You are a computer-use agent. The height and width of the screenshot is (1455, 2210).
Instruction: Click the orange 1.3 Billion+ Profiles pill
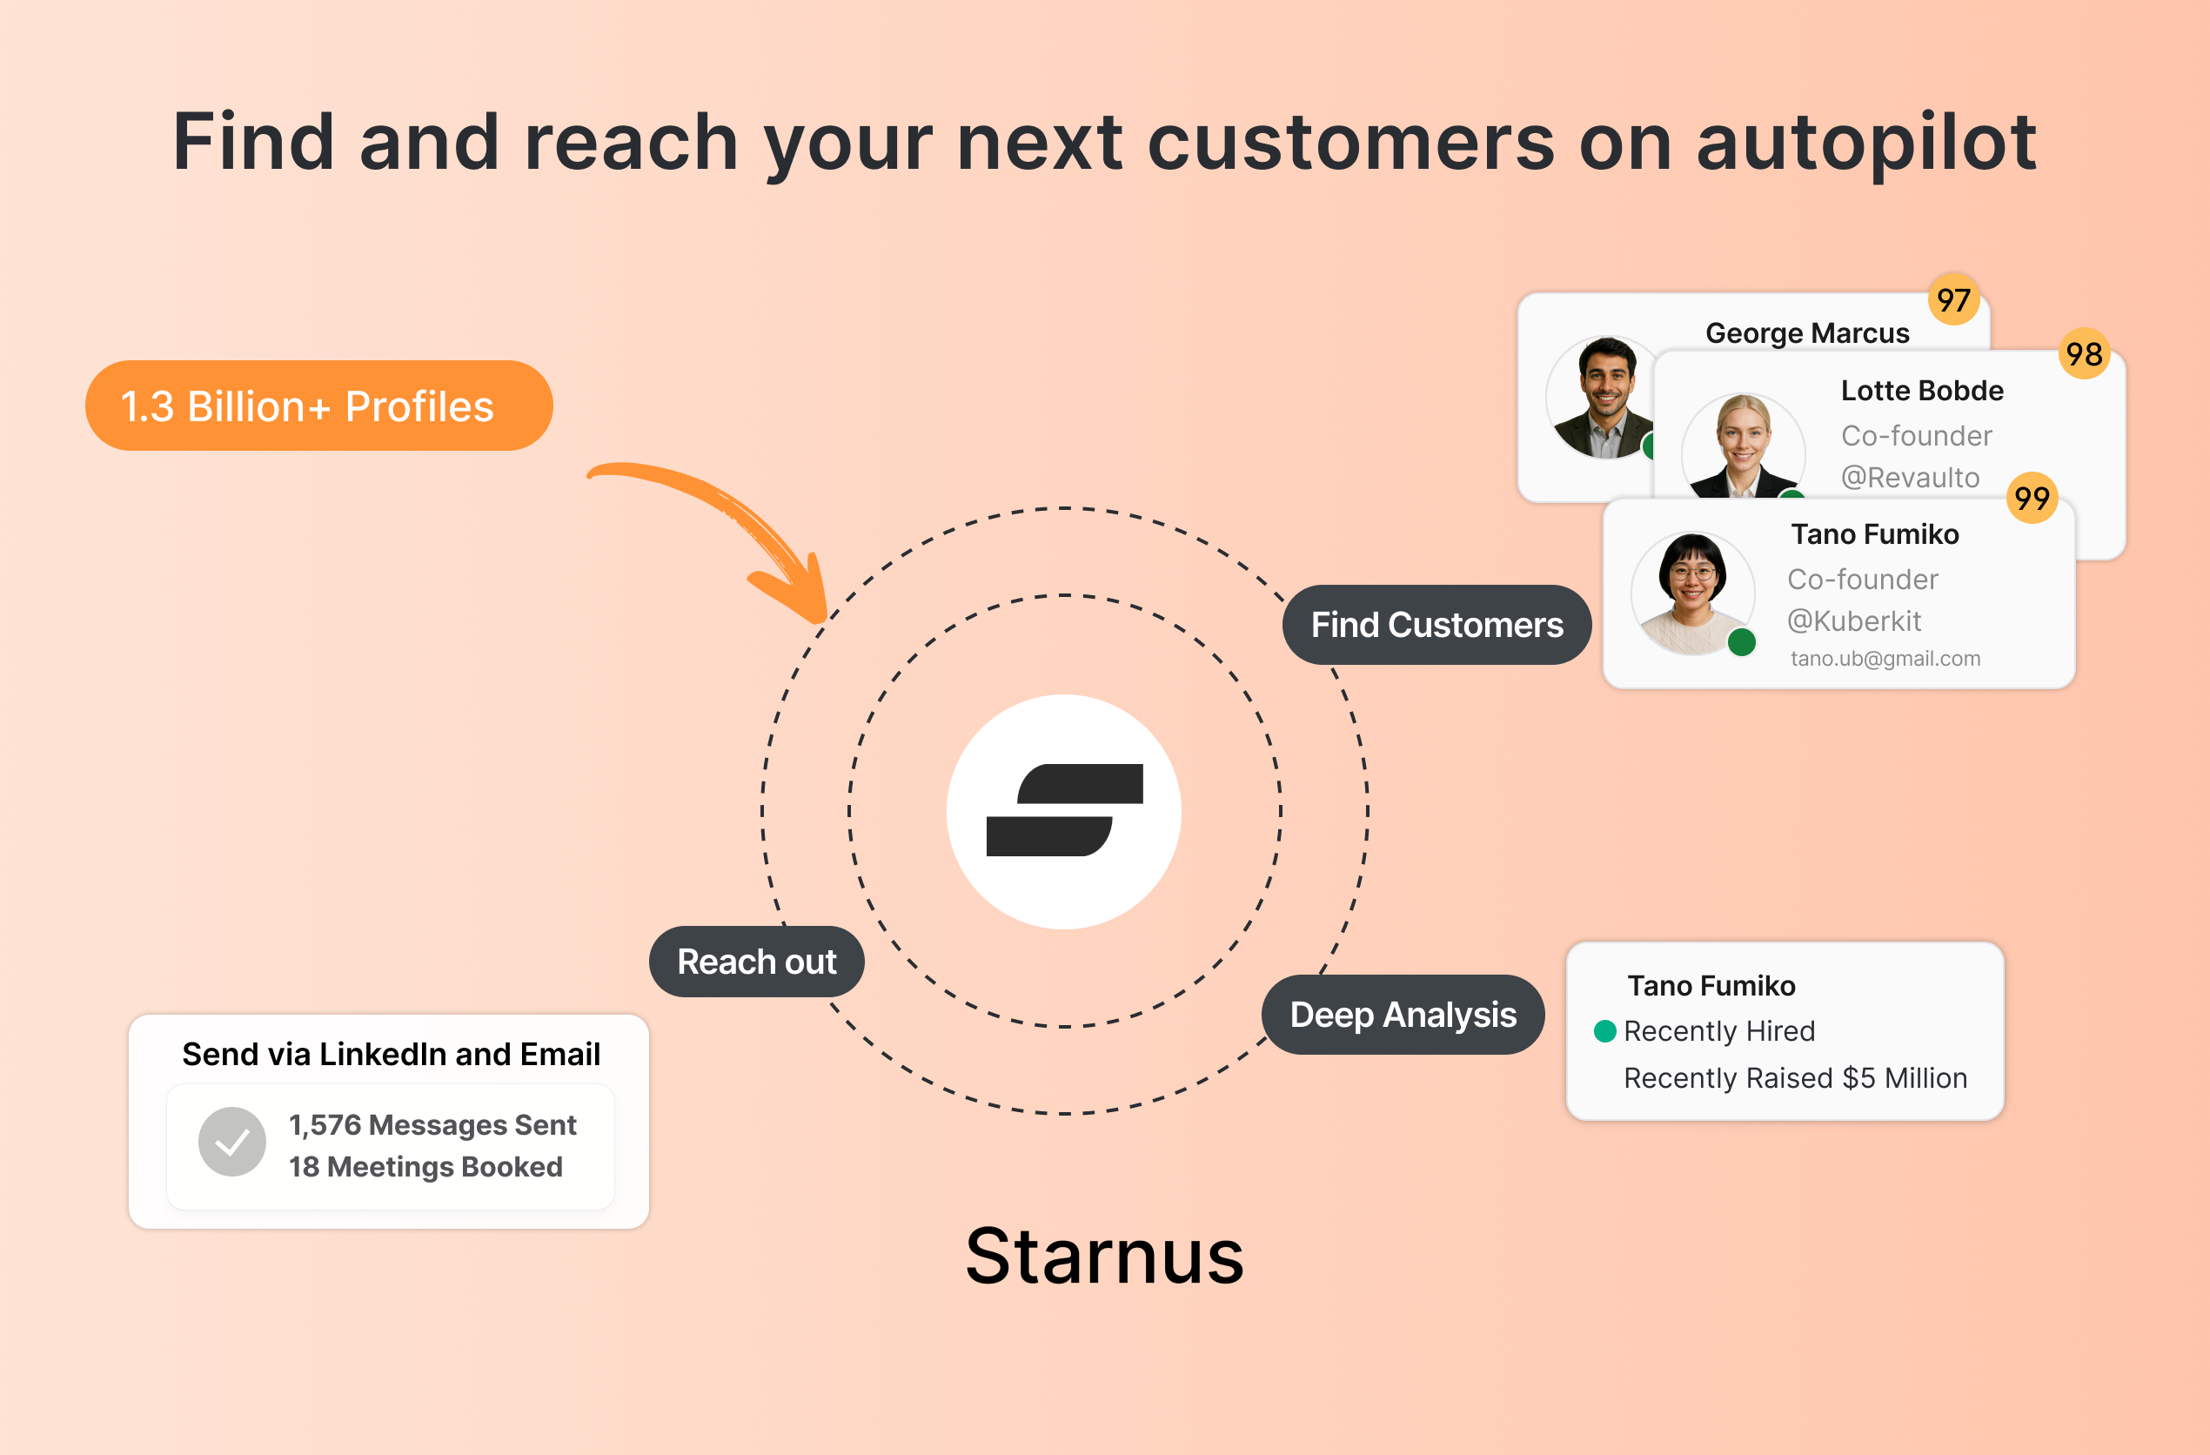coord(318,406)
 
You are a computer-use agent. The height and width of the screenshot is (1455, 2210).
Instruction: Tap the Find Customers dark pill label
coord(1436,625)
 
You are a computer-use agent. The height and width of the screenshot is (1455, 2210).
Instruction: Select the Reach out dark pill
coord(756,961)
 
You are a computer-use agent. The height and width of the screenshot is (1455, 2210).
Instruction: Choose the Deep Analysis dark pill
coord(1403,1014)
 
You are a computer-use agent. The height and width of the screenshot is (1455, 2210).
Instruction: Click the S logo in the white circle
coord(1064,810)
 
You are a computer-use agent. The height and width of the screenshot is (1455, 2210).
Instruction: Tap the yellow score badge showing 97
coord(1952,300)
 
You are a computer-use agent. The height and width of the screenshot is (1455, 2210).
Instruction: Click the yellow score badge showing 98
coord(2084,354)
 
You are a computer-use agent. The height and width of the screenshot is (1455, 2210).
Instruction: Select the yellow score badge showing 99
coord(2032,499)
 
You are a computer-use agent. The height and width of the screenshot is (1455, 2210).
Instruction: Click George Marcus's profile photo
coord(1602,398)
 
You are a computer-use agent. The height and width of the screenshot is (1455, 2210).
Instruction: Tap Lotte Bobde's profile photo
coord(1742,447)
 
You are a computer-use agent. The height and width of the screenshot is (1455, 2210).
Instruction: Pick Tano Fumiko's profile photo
coord(1691,593)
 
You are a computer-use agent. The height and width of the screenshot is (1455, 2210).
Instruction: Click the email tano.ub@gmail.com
coord(1885,659)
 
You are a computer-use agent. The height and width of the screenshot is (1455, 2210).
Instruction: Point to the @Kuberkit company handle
coord(1853,620)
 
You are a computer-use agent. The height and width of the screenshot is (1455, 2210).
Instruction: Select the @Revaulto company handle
coord(1909,477)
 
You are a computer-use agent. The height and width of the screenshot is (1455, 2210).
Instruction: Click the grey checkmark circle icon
coord(232,1141)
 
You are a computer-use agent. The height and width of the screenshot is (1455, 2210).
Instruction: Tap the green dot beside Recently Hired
coord(1604,1030)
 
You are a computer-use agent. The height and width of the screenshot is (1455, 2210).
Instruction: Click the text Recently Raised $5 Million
coord(1795,1078)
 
